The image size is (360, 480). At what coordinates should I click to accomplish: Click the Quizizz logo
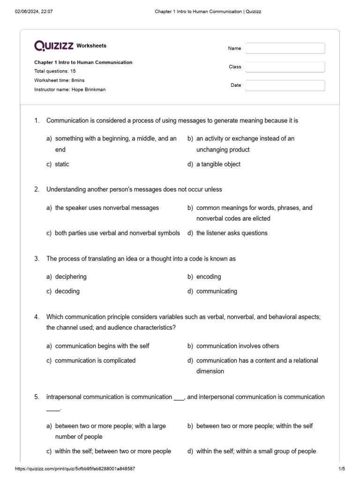[54, 45]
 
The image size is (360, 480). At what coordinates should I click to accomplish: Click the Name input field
[285, 48]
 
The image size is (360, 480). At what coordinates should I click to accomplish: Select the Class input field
[285, 67]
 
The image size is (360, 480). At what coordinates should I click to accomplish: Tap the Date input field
[285, 85]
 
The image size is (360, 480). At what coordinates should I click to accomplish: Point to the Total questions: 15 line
[55, 71]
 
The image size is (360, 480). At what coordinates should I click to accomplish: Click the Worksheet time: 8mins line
[60, 80]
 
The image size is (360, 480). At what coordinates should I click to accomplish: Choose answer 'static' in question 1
[62, 164]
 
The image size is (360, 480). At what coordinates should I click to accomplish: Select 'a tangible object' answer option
[218, 164]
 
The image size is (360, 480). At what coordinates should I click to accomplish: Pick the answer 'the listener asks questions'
[232, 233]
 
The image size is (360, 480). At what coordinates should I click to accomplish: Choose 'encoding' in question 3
[209, 277]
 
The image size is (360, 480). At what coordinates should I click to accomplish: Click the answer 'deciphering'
[71, 277]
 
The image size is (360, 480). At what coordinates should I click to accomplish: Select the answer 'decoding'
[67, 291]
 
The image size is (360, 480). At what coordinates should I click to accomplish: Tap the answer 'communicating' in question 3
[217, 291]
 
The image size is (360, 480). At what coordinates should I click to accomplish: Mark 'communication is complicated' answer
[95, 360]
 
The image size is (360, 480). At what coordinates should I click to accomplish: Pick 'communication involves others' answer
[238, 346]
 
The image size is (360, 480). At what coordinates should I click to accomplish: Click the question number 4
[37, 317]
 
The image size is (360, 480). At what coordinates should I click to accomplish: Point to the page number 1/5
[341, 469]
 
